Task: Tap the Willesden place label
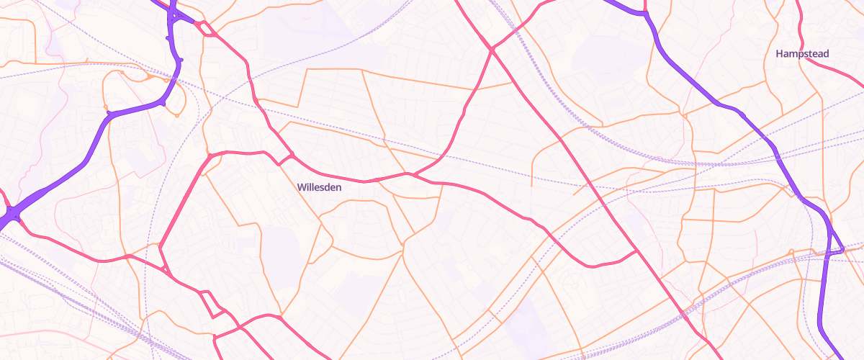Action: point(319,187)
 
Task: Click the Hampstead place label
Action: point(802,54)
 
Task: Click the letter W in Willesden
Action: point(301,187)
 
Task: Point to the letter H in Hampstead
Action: point(780,54)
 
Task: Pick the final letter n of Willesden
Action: point(338,187)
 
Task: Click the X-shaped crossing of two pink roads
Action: point(492,50)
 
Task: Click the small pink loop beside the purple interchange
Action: point(205,28)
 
